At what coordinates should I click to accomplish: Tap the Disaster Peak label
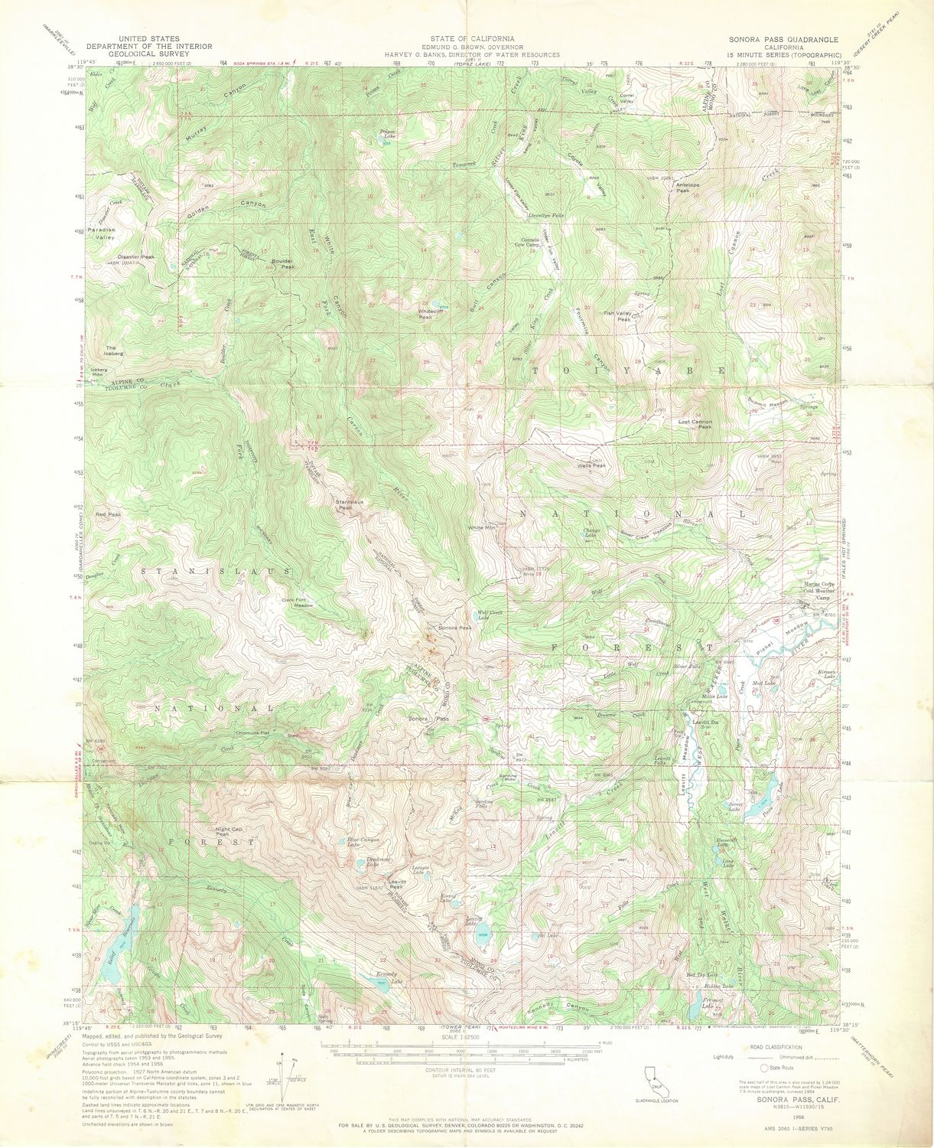[x=136, y=257]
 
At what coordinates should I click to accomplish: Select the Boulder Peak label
[x=283, y=263]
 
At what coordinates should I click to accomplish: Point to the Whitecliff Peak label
[x=431, y=314]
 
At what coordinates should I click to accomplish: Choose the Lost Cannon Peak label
[x=695, y=423]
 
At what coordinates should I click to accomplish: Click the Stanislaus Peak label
[x=350, y=504]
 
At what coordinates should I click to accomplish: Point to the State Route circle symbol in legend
[x=763, y=1068]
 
